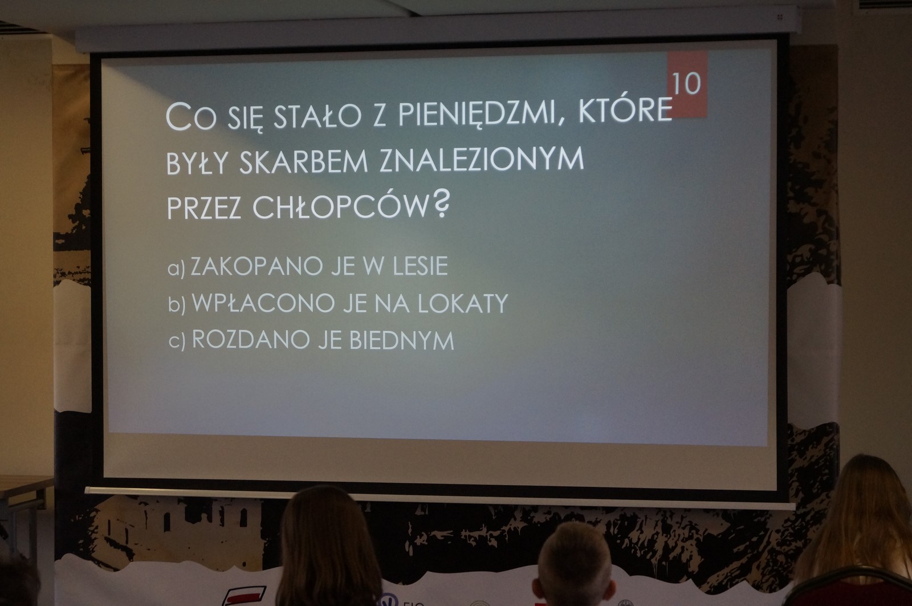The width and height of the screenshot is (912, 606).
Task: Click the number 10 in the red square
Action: [686, 84]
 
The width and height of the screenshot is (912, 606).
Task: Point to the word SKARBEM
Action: [303, 162]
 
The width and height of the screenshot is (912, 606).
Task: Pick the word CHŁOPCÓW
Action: [341, 207]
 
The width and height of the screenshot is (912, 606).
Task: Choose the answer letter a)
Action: [176, 269]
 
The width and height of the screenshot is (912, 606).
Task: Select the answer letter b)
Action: [177, 304]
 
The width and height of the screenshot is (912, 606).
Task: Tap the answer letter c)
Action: [177, 341]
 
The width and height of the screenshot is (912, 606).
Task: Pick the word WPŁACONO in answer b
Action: [263, 303]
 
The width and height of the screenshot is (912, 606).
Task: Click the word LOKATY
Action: [463, 303]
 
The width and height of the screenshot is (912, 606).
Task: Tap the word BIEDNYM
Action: [401, 340]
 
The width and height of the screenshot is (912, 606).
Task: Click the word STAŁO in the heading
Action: [317, 116]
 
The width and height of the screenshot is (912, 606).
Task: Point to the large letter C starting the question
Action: [178, 117]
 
